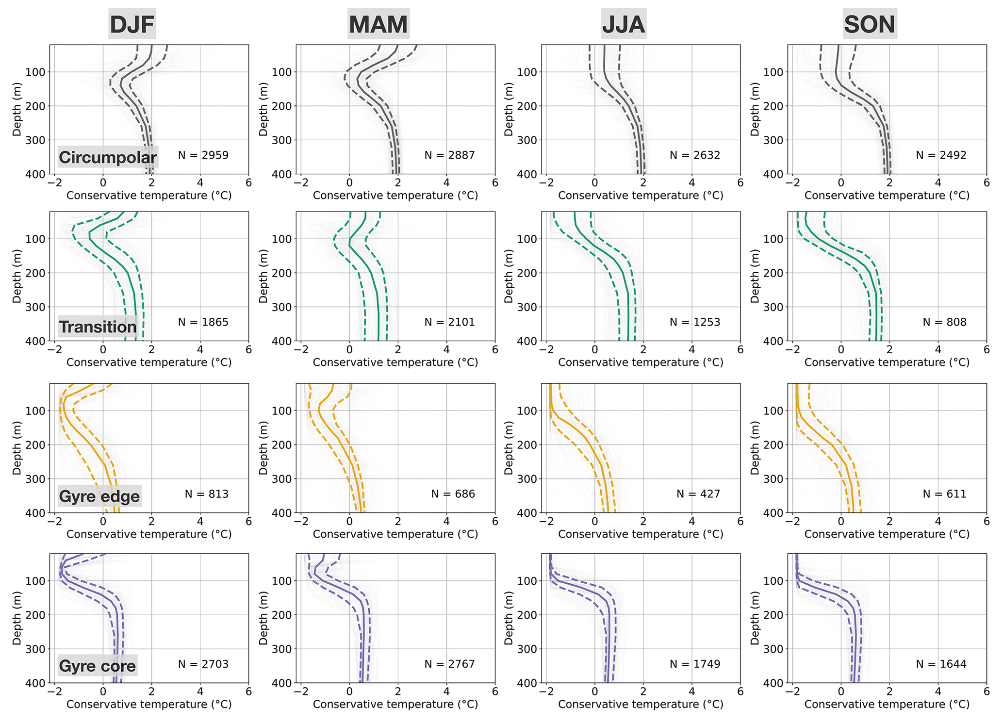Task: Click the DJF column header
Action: [x=132, y=24]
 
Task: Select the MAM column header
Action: [x=378, y=24]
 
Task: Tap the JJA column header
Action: [x=624, y=24]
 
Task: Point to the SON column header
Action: [x=870, y=24]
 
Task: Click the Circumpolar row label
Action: [x=108, y=157]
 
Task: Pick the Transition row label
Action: [x=98, y=327]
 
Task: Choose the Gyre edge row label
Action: [x=99, y=496]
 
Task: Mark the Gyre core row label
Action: [x=97, y=666]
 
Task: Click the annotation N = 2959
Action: [x=203, y=155]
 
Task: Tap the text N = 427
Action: [x=698, y=494]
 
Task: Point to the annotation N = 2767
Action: [x=449, y=664]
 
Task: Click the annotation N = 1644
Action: [x=941, y=664]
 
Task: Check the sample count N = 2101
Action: [x=449, y=322]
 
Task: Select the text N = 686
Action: [x=453, y=494]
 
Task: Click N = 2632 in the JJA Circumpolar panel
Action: [x=695, y=155]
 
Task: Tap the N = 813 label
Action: [x=206, y=494]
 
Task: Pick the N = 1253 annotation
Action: [x=695, y=322]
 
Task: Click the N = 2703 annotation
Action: [x=203, y=664]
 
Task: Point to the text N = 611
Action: [x=944, y=494]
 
